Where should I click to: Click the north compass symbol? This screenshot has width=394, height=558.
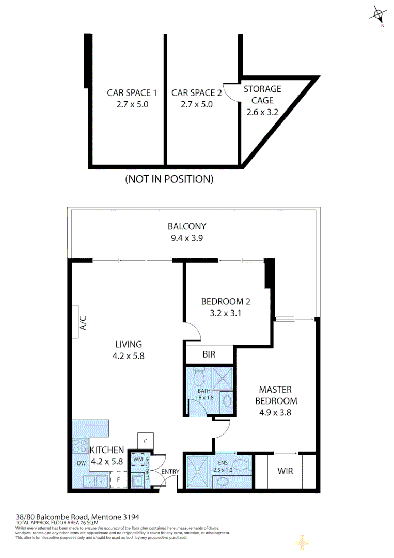click(378, 15)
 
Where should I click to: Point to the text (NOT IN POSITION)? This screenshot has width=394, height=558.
click(169, 180)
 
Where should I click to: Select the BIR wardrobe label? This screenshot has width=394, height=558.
click(209, 355)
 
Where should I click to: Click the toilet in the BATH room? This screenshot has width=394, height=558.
click(198, 378)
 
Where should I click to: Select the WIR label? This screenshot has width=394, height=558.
click(285, 471)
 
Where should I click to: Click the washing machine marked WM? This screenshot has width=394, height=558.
click(138, 459)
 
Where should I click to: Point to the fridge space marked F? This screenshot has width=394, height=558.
click(118, 479)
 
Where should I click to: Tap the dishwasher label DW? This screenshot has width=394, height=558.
click(81, 463)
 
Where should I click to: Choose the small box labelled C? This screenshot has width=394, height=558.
click(146, 441)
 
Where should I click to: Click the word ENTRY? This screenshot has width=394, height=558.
click(169, 472)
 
